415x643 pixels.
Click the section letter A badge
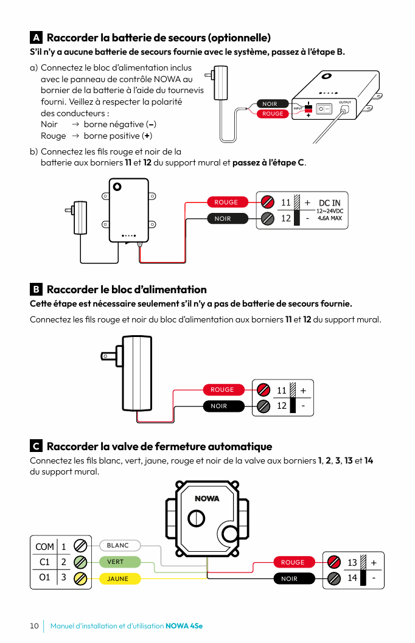pyautogui.click(x=36, y=38)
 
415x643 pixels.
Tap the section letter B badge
pyautogui.click(x=36, y=290)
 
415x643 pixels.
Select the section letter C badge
pyautogui.click(x=36, y=447)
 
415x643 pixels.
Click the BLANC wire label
pyautogui.click(x=119, y=546)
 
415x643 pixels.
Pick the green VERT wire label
pyautogui.click(x=119, y=562)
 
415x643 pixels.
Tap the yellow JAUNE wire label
pyautogui.click(x=119, y=579)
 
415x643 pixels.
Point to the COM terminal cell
pyautogui.click(x=44, y=546)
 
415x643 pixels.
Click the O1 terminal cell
pyautogui.click(x=44, y=577)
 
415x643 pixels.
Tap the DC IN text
pyautogui.click(x=330, y=203)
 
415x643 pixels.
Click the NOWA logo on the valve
pyautogui.click(x=207, y=499)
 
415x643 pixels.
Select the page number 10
pyautogui.click(x=34, y=626)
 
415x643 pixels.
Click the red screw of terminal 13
pyautogui.click(x=333, y=562)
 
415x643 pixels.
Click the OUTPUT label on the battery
pyautogui.click(x=344, y=102)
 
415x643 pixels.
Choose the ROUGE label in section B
pyautogui.click(x=222, y=390)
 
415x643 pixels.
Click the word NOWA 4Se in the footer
pyautogui.click(x=184, y=626)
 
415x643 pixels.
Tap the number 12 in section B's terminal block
pyautogui.click(x=282, y=406)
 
